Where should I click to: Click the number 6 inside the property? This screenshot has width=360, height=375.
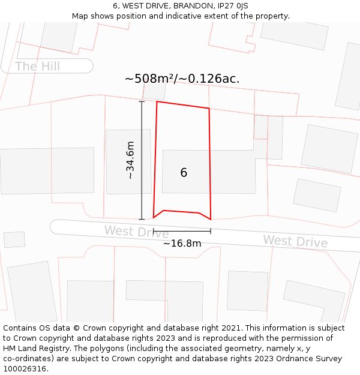(184, 173)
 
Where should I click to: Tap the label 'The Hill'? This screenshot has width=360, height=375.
(37, 66)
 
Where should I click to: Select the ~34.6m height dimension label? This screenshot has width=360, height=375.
(130, 160)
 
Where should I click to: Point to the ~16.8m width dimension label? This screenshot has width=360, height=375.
(182, 244)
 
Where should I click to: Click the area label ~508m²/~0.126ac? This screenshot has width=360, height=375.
(182, 79)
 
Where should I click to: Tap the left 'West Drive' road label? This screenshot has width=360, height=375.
(136, 231)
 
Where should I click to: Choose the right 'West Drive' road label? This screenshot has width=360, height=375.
(295, 241)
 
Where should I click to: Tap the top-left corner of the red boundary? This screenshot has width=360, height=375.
(157, 102)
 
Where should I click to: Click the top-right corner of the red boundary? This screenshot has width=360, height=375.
(209, 109)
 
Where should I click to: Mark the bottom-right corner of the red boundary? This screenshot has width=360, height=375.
(211, 220)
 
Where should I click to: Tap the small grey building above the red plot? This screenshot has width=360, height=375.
(154, 92)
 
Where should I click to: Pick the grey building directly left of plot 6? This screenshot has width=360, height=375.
(120, 161)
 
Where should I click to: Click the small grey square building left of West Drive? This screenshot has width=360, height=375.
(14, 239)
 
